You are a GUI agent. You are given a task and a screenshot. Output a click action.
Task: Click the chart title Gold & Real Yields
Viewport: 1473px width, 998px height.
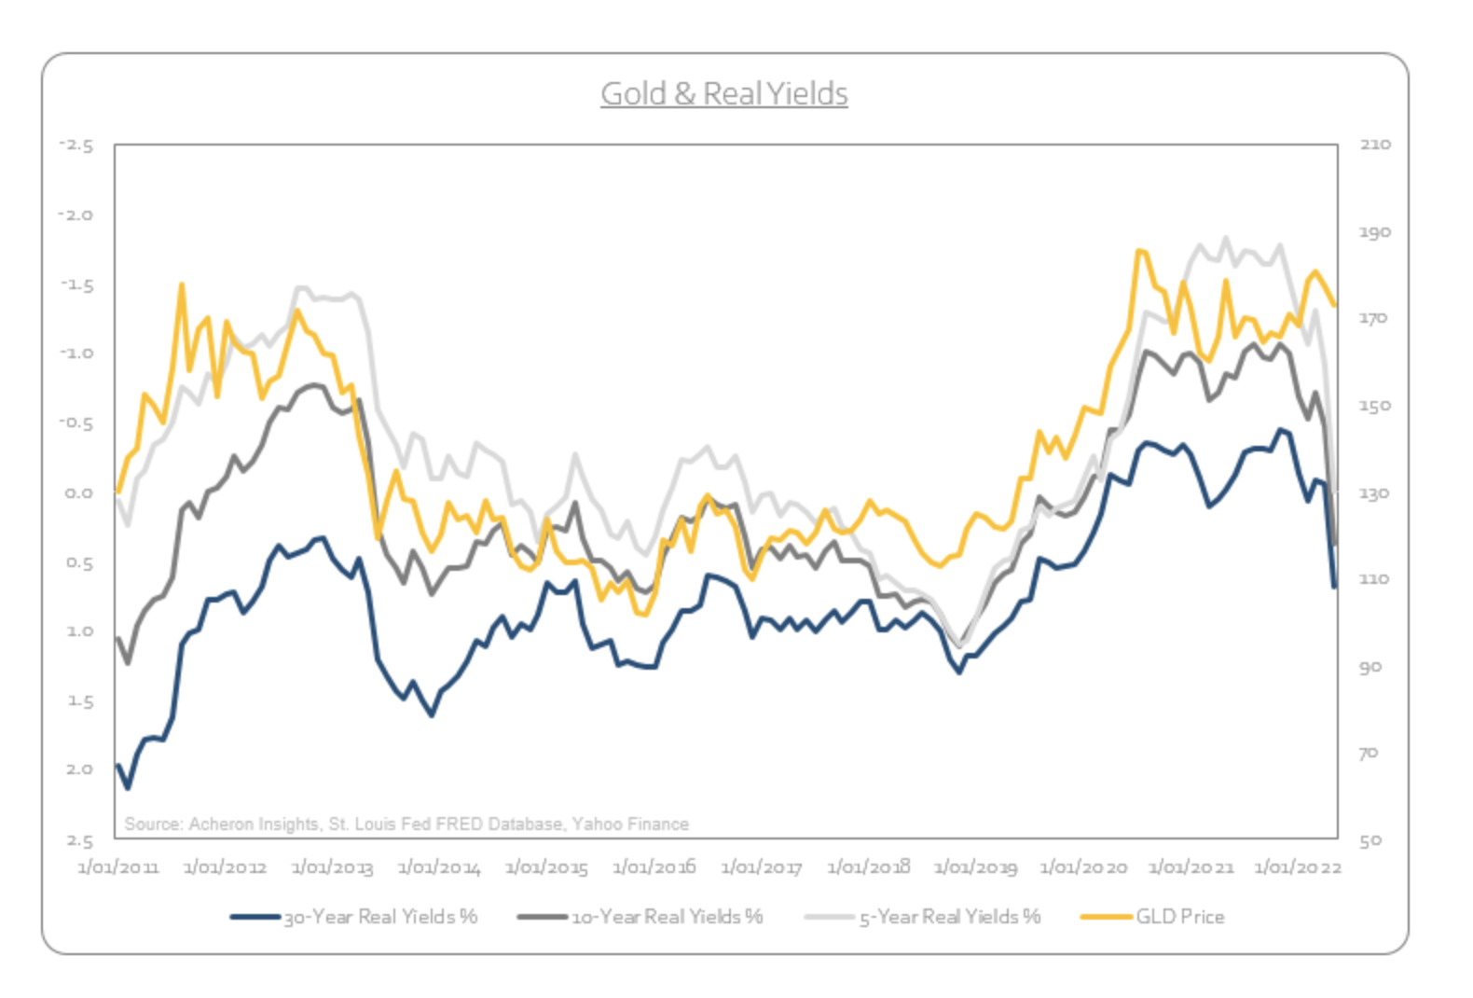(723, 94)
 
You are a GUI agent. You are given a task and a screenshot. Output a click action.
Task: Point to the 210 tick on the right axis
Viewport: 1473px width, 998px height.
(1374, 145)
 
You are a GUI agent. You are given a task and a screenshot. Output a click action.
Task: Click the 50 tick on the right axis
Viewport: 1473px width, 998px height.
(1370, 840)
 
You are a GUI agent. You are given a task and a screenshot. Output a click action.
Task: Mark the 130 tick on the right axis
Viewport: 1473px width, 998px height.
(1374, 492)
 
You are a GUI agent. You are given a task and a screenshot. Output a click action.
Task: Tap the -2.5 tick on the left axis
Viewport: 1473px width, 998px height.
(76, 146)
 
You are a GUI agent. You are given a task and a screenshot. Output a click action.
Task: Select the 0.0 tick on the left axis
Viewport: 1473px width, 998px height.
(79, 492)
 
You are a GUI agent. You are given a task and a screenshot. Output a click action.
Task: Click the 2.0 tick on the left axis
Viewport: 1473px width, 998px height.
(79, 769)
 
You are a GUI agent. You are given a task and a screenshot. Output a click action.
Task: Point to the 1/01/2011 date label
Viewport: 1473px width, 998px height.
(117, 867)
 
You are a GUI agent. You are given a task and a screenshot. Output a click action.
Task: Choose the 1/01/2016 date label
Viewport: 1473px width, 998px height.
(654, 867)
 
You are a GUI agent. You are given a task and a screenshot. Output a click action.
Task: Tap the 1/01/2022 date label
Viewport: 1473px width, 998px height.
(1298, 867)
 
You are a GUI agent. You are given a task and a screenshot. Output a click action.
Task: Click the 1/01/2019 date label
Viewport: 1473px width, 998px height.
(975, 867)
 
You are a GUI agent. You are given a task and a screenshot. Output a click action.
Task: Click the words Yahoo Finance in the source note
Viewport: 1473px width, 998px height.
(630, 824)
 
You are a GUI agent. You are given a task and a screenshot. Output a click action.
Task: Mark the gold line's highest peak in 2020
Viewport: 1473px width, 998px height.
(1139, 250)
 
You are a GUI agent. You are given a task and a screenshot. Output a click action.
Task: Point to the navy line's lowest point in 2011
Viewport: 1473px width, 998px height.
(128, 788)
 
